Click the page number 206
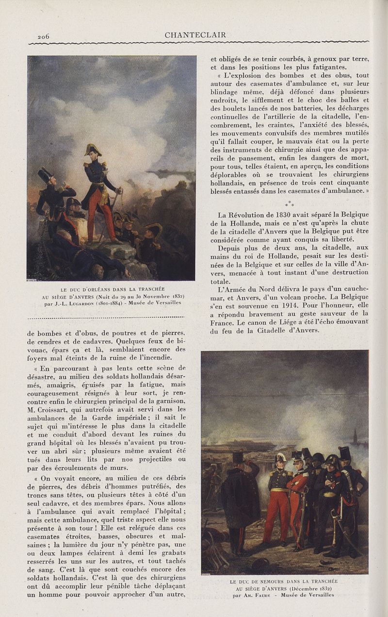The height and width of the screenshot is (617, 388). point(44,36)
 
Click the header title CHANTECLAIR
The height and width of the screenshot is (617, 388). point(195,35)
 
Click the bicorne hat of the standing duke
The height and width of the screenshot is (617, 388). point(93,149)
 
